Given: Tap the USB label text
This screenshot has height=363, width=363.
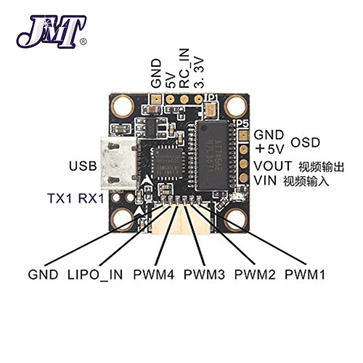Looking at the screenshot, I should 83,167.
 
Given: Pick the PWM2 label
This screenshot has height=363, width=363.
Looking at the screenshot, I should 254,274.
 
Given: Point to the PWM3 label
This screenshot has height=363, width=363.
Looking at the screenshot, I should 204,274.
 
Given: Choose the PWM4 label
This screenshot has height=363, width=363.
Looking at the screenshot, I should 153,274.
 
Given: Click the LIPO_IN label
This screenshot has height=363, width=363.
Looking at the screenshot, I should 94,274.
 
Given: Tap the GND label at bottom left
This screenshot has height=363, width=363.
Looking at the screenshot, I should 43,274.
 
